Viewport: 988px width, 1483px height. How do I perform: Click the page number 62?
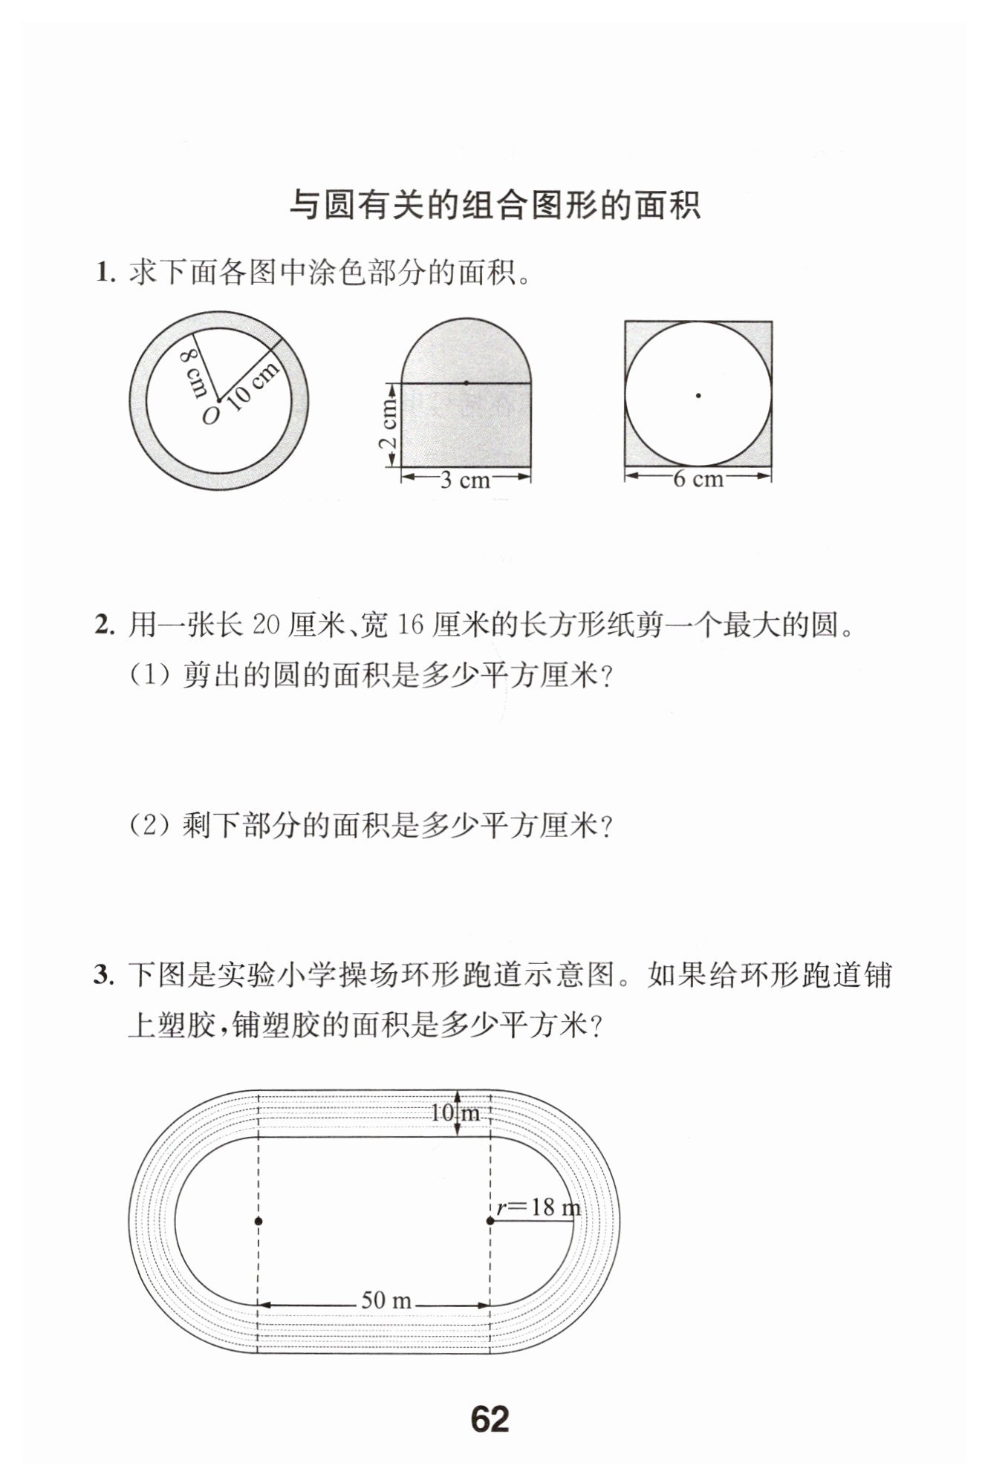click(490, 1419)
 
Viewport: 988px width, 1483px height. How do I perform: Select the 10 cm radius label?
click(253, 385)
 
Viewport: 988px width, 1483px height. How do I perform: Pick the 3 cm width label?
click(466, 480)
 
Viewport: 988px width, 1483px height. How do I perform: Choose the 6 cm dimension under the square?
click(698, 479)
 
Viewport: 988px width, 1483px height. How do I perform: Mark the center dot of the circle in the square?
click(698, 395)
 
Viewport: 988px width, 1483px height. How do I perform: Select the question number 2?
click(104, 625)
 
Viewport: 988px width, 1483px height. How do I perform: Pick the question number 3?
click(104, 974)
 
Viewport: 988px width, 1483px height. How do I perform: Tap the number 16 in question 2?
click(409, 625)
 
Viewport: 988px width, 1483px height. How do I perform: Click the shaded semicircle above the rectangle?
click(466, 353)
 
